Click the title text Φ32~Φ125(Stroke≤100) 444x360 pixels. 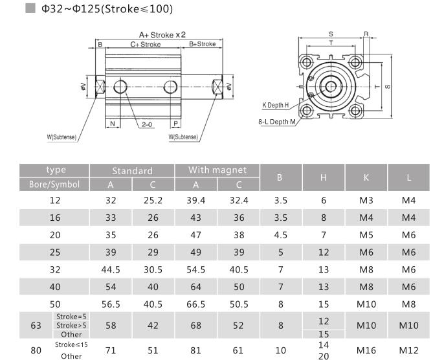click(107, 10)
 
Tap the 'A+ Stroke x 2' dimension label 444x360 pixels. click(162, 35)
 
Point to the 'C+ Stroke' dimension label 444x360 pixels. click(146, 45)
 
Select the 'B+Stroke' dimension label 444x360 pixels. click(203, 44)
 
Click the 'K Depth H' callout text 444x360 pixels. click(275, 104)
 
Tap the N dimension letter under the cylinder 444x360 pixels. click(113, 123)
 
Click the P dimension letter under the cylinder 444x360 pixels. click(175, 123)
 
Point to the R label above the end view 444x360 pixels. click(366, 33)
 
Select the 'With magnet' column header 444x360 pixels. click(217, 170)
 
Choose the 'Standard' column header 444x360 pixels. click(132, 171)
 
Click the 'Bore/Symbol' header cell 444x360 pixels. click(54, 184)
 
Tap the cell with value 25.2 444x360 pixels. click(153, 201)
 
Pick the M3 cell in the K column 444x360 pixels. click(366, 201)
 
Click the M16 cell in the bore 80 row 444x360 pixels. click(366, 350)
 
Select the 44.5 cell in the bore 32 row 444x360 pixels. click(111, 270)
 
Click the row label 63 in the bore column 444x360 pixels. click(36, 326)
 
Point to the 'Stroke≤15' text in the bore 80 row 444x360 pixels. click(71, 345)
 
